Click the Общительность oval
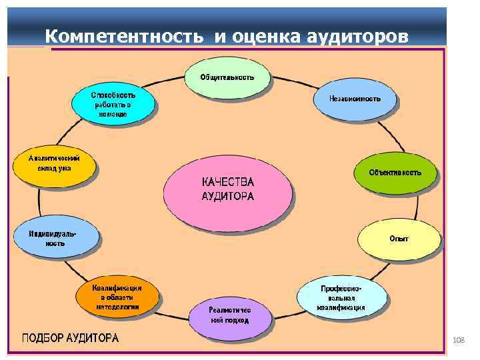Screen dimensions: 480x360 coord(227,77)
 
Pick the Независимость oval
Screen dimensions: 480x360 coord(355,99)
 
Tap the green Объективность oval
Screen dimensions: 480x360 coord(395,172)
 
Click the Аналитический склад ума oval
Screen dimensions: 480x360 coord(55,163)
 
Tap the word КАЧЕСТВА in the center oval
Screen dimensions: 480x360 coord(228,181)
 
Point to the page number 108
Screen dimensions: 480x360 coord(458,341)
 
